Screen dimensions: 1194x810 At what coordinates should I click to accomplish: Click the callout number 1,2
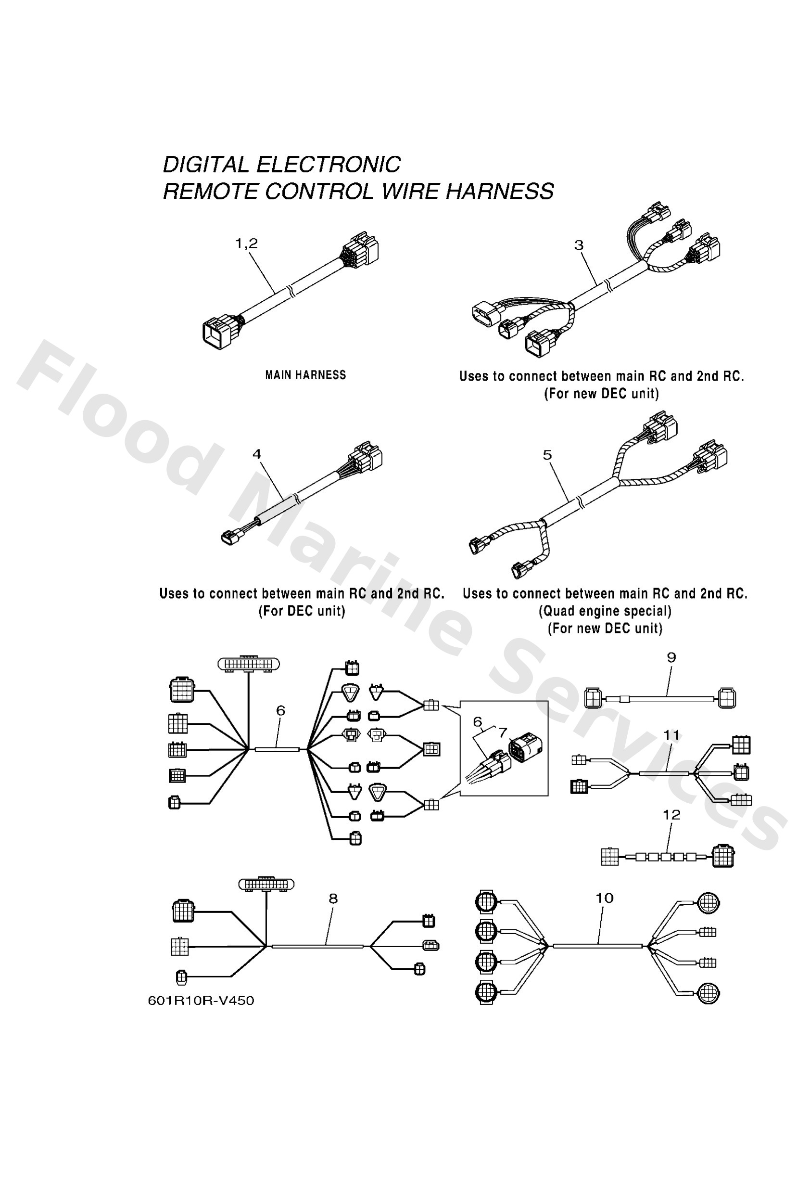pos(246,243)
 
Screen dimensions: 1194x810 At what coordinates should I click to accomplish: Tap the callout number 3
pos(579,245)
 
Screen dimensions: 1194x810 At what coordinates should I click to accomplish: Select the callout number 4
pos(256,454)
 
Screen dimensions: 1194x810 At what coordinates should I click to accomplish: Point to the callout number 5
pos(547,455)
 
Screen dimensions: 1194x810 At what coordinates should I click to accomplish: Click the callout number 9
pos(671,657)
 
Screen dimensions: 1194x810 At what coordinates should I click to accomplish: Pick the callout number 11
pos(671,735)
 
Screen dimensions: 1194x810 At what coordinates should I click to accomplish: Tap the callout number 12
pos(671,815)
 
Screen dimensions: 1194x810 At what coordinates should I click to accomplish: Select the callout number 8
pos(333,899)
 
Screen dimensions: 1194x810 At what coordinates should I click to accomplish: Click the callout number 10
pos(605,898)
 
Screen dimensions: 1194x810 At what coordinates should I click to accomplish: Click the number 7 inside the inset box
pos(502,732)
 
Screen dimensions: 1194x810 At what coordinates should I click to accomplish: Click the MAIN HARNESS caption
pos(305,375)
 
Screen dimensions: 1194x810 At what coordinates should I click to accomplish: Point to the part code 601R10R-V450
pos(201,1001)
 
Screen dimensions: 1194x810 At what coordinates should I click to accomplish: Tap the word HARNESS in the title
pos(499,191)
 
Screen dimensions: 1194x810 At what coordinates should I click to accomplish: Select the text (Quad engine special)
pos(605,611)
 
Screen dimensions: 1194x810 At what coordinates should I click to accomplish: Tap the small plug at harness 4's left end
pos(229,539)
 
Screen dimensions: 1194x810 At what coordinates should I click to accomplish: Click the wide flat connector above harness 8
pos(266,884)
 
